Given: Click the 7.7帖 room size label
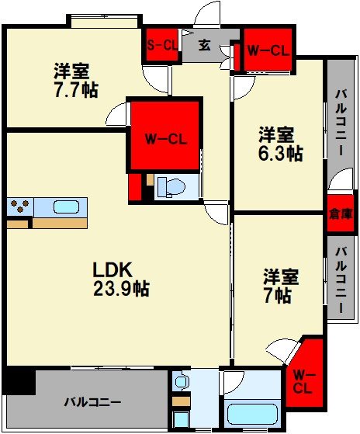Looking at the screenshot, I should [x=76, y=90].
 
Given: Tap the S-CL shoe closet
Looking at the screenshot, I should [x=161, y=45].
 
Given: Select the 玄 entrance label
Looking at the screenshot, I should [x=204, y=44].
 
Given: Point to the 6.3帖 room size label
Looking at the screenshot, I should [x=280, y=153].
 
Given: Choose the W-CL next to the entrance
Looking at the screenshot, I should [x=268, y=51].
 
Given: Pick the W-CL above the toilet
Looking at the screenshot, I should [x=166, y=140].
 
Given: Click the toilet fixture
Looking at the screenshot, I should [x=171, y=186].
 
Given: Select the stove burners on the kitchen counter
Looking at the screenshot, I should [x=19, y=207].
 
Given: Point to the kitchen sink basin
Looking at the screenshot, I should [x=65, y=207].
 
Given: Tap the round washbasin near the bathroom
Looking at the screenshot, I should [x=180, y=382].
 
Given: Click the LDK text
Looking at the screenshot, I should [x=113, y=270].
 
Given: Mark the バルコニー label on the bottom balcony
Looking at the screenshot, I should [x=92, y=403].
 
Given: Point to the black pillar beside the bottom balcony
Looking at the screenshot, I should [x=19, y=381].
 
